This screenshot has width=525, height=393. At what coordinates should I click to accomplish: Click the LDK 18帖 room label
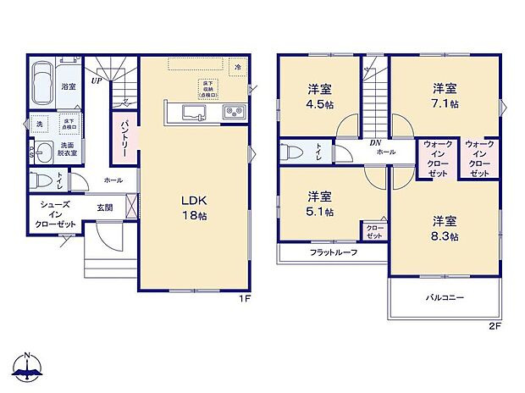193,208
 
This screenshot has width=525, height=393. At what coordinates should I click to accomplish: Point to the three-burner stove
234,112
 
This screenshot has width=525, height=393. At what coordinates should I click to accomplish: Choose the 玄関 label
104,207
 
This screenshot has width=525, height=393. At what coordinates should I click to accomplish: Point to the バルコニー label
445,297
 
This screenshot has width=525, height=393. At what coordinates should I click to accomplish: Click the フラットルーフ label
333,252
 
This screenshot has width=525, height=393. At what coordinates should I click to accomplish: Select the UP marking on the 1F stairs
97,80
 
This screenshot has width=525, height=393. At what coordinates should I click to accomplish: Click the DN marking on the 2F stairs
374,142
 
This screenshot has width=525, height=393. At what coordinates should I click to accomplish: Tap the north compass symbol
28,366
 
